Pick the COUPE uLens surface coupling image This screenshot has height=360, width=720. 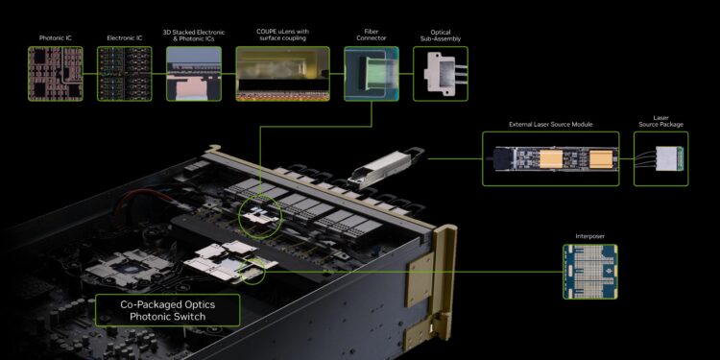pyautogui.click(x=278, y=73)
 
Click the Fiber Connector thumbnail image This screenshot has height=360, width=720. pyautogui.click(x=371, y=73)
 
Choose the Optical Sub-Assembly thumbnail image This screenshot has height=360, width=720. pyautogui.click(x=440, y=73)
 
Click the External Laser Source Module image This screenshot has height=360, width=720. pyautogui.click(x=551, y=159)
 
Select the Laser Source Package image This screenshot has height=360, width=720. pyautogui.click(x=660, y=159)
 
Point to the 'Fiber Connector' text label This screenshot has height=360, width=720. pyautogui.click(x=371, y=35)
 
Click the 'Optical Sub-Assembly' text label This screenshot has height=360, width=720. pyautogui.click(x=440, y=35)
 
